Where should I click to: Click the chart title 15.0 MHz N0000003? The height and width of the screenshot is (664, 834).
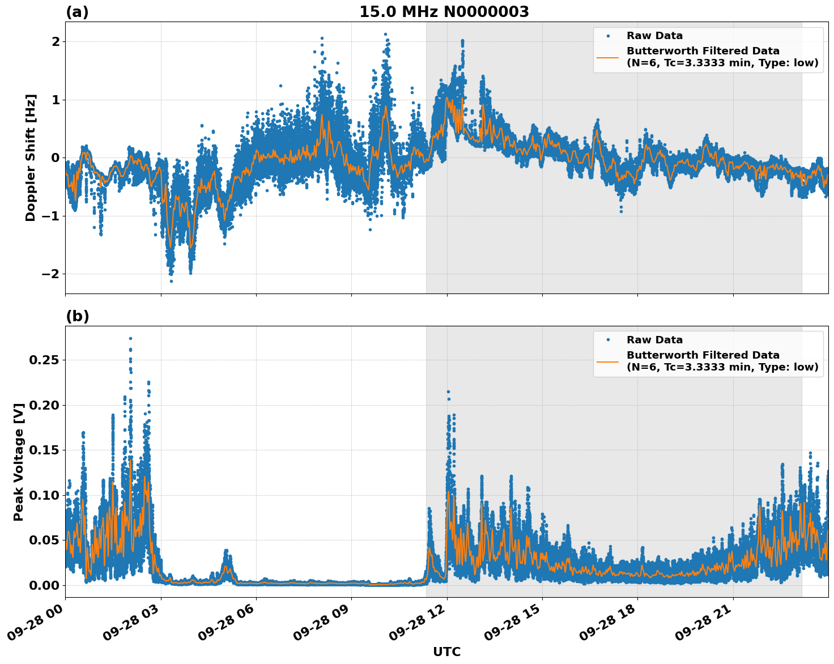(x=444, y=12)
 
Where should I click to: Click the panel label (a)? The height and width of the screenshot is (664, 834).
(x=77, y=12)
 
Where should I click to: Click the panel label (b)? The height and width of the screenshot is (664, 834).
(x=77, y=316)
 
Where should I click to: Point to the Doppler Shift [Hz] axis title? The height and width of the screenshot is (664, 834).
(x=31, y=158)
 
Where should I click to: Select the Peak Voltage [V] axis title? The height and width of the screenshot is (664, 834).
(x=19, y=462)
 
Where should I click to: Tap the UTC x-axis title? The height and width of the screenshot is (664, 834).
(x=446, y=652)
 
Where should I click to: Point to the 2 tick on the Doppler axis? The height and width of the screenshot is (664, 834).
(x=56, y=42)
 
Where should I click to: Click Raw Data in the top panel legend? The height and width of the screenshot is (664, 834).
(x=654, y=36)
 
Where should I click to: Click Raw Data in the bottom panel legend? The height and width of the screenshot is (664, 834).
(x=654, y=340)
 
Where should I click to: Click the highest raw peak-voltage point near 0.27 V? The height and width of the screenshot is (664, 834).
(x=130, y=338)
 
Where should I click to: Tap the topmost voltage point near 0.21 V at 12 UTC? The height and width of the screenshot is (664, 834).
(x=448, y=391)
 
